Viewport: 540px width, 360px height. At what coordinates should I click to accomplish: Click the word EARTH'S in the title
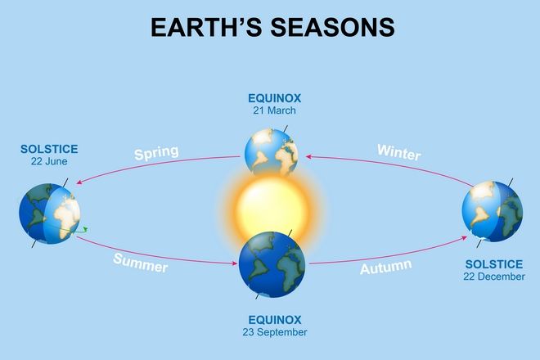(x=206, y=27)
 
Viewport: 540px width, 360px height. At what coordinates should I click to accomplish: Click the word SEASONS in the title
(x=332, y=27)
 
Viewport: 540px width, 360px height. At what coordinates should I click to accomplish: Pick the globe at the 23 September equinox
(x=272, y=264)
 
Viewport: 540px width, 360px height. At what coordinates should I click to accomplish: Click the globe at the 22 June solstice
(x=50, y=214)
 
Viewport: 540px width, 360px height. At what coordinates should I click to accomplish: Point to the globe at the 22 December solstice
(x=492, y=212)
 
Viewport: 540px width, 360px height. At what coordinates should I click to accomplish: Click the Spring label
(x=157, y=153)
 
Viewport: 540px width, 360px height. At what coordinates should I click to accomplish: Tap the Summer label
(x=141, y=263)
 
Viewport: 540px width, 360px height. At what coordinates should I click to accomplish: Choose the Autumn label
(x=385, y=267)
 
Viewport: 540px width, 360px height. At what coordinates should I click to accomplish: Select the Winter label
(x=399, y=152)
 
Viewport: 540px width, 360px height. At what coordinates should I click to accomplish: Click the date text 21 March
(x=274, y=110)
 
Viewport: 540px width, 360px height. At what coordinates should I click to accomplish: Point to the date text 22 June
(x=49, y=161)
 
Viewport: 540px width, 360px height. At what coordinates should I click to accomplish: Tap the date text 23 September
(x=275, y=332)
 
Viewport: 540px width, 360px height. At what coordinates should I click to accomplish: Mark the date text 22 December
(x=494, y=277)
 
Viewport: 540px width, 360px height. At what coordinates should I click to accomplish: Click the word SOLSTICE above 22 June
(x=49, y=149)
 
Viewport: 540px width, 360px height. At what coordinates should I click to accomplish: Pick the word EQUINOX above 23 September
(x=275, y=320)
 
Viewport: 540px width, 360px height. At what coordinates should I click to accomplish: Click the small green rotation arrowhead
(x=85, y=229)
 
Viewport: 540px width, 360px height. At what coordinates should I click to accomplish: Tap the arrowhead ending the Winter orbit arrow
(x=308, y=156)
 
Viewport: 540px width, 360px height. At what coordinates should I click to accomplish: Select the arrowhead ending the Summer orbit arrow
(x=235, y=263)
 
